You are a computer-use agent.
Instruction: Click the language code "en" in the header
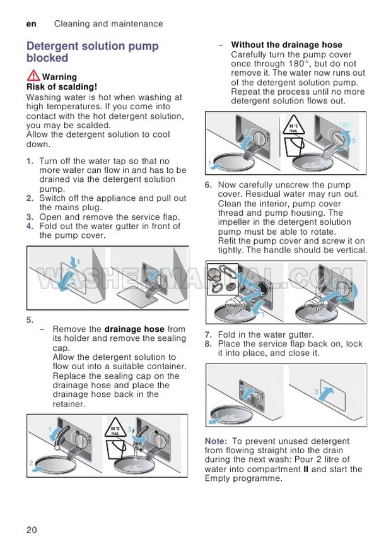click(31, 24)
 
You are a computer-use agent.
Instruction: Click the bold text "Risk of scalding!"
click(61, 86)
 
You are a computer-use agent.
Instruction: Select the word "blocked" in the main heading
click(47, 58)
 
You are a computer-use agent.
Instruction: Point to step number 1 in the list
click(30, 162)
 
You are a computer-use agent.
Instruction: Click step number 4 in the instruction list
click(30, 226)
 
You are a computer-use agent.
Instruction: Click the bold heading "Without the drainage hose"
click(286, 45)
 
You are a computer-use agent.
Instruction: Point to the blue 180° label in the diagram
click(346, 126)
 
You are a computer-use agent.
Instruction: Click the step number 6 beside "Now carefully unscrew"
click(208, 185)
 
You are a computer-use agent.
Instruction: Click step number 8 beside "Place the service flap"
click(208, 344)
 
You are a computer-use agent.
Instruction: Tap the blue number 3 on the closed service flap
click(316, 392)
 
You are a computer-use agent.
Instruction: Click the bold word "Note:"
click(217, 441)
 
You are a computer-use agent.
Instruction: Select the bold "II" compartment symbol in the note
click(305, 470)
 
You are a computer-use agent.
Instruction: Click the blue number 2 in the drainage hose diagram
click(32, 464)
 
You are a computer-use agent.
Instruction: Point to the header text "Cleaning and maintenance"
click(108, 24)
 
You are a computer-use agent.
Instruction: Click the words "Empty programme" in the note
click(243, 479)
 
